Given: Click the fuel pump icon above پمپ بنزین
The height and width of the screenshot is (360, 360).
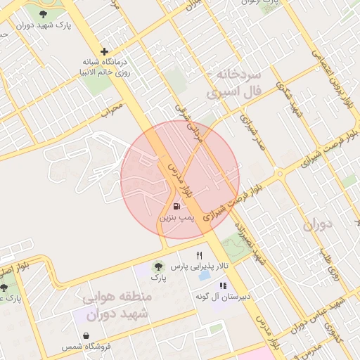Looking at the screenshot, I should pos(176,207).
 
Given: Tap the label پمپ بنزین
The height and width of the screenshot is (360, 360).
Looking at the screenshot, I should pos(176,219).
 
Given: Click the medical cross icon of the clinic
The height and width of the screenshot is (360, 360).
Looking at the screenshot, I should pos(105,51).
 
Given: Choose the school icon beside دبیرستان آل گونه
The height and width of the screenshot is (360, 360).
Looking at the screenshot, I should pos(223,286).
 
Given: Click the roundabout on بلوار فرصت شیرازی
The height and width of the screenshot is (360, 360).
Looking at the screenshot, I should pos(280,173).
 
